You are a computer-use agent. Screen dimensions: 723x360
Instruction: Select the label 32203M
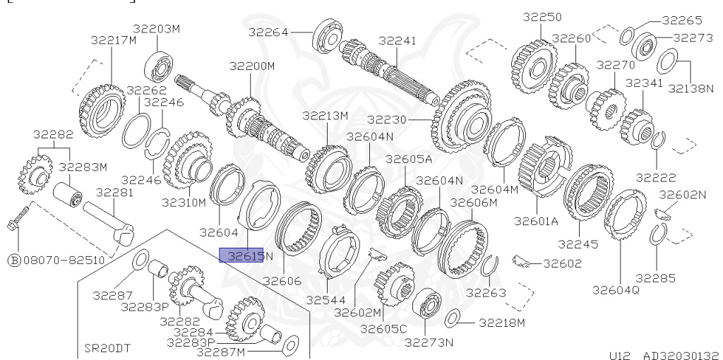[157, 28]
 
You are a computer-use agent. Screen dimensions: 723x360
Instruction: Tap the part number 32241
[397, 40]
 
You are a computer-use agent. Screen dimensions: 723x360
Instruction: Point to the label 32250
[542, 17]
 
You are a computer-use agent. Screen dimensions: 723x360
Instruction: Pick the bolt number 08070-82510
[64, 260]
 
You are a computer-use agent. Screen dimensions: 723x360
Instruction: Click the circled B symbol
[14, 260]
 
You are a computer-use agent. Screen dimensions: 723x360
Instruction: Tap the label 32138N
[691, 88]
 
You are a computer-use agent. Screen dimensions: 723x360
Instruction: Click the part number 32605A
[409, 159]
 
